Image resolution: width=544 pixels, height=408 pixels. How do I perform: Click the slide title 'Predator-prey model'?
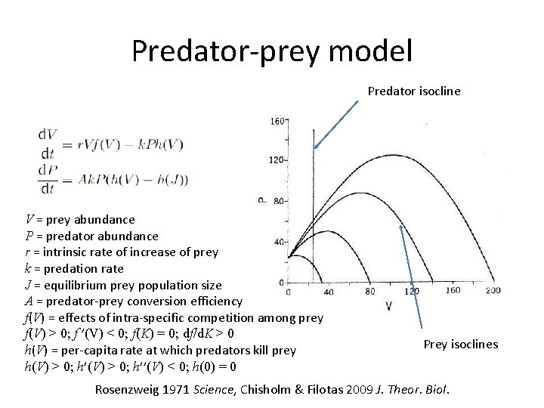coord(272,51)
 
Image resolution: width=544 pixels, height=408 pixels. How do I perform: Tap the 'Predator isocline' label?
coord(413,91)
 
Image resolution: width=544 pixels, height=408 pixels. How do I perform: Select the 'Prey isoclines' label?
coord(460,345)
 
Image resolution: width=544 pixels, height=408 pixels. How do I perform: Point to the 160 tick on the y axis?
coord(277,120)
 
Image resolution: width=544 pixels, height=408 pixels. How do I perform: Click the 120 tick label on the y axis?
coord(277,161)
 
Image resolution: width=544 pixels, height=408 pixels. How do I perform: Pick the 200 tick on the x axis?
coord(493,291)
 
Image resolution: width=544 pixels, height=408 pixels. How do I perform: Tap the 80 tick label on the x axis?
coord(370,291)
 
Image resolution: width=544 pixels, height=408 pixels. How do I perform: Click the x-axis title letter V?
coord(389,306)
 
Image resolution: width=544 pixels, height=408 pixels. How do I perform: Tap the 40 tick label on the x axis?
coord(328,291)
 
